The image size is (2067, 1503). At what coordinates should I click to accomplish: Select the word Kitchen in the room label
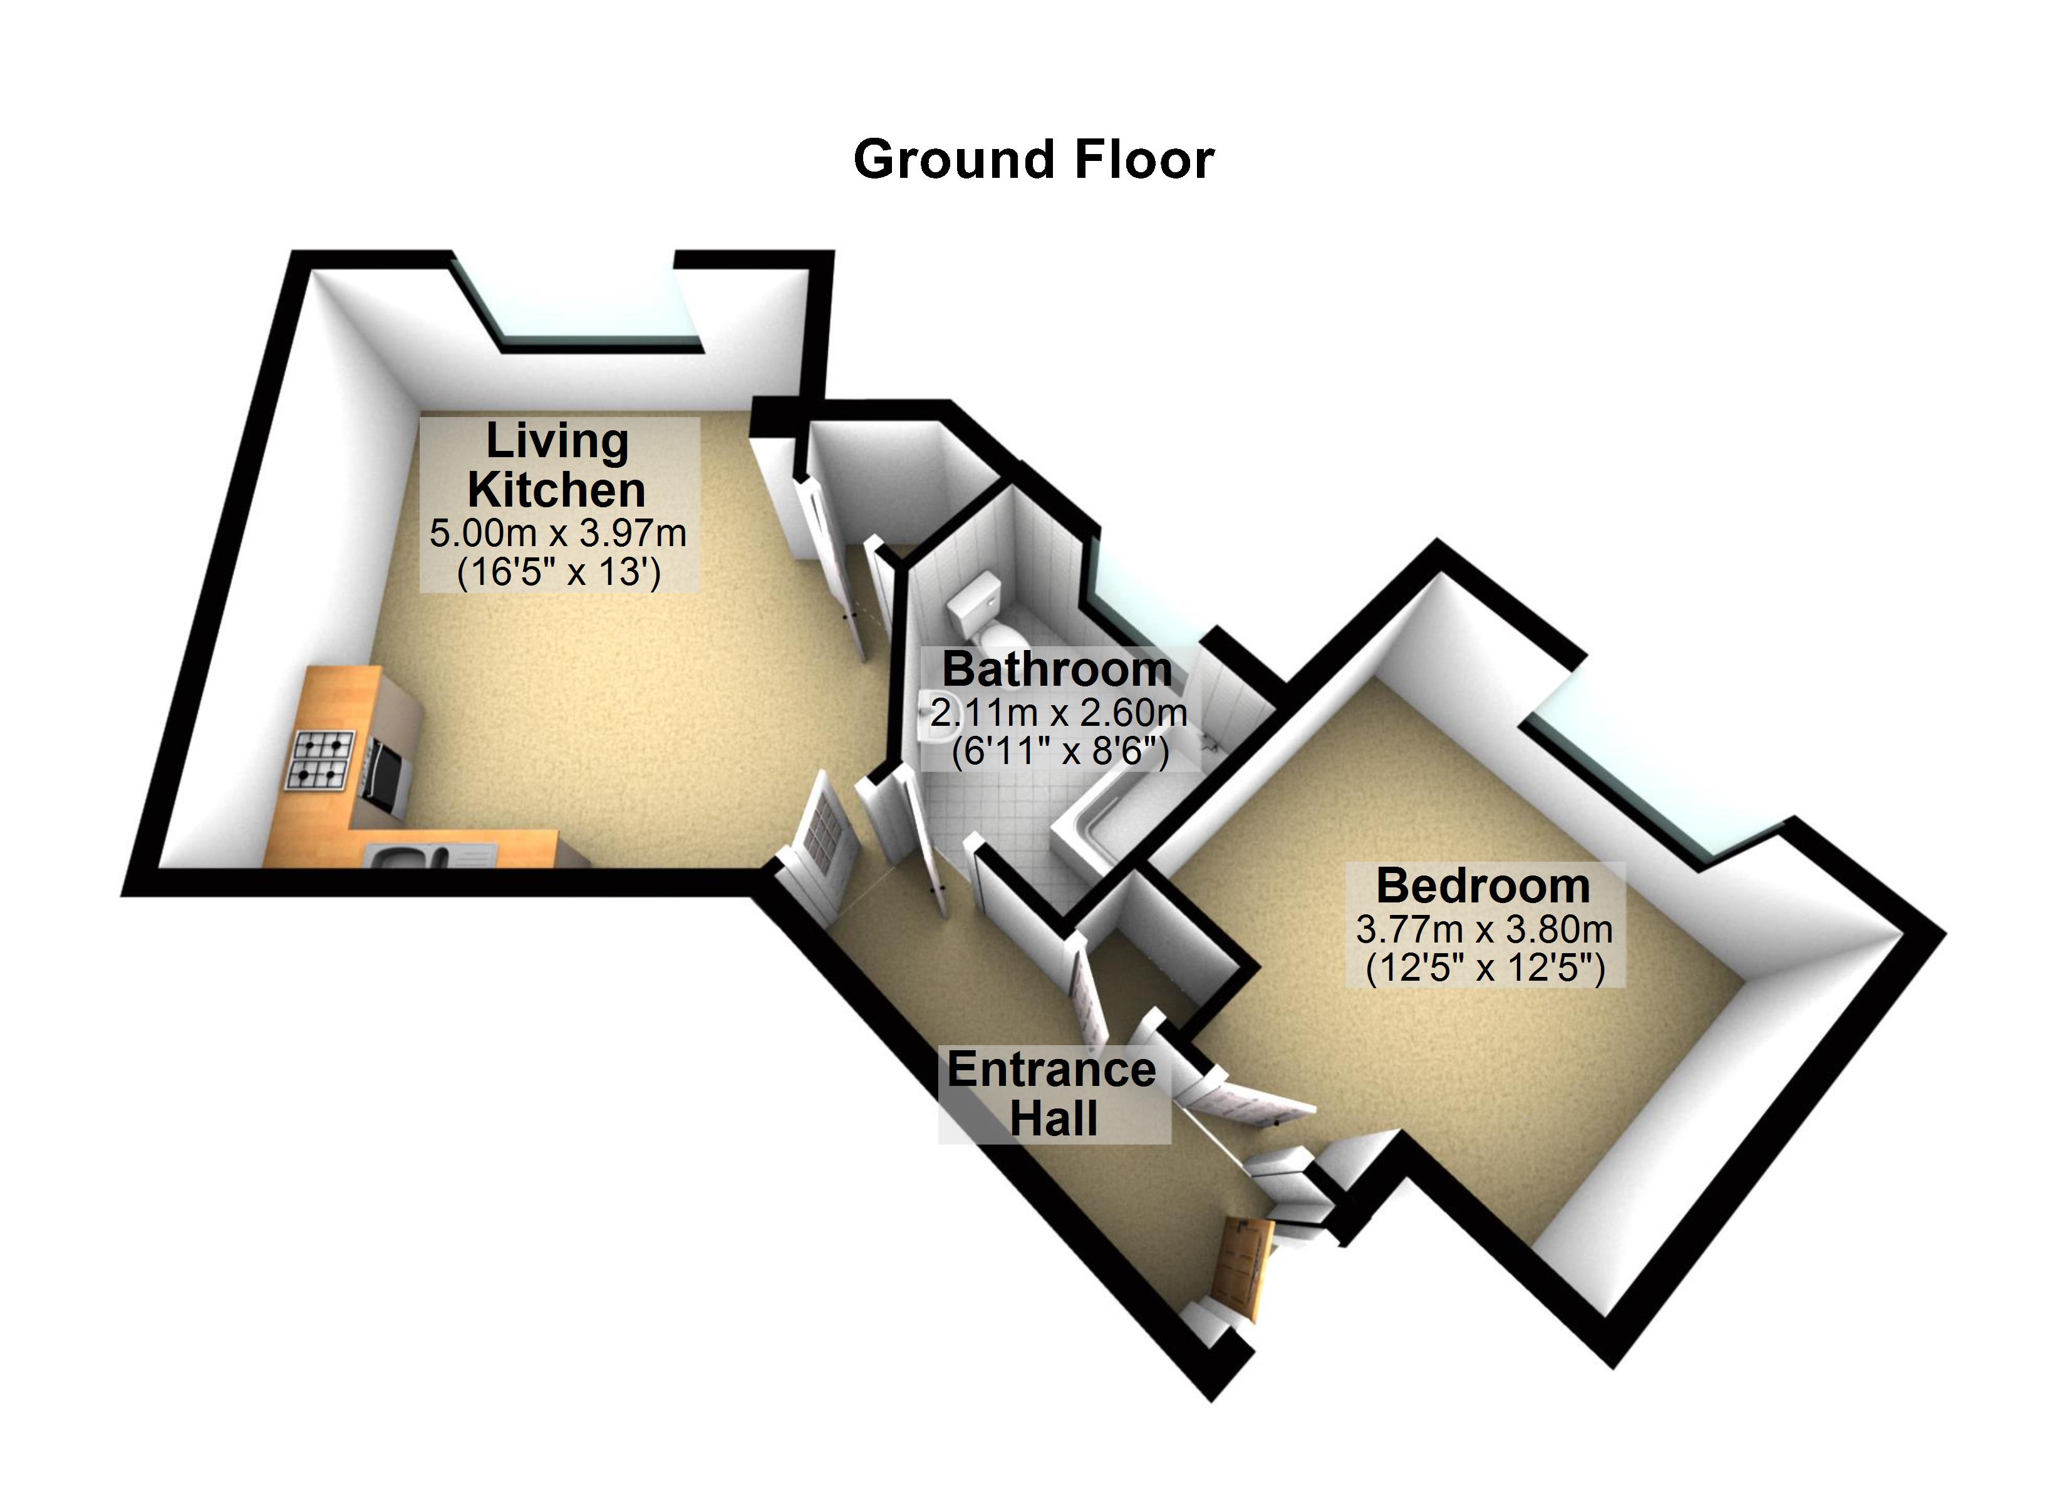pyautogui.click(x=557, y=490)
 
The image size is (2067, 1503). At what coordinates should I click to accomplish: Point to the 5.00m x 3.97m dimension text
pyautogui.click(x=557, y=533)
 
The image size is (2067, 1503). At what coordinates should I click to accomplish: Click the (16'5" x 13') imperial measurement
pyautogui.click(x=557, y=572)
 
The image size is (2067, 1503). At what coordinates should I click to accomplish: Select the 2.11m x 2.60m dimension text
pyautogui.click(x=1058, y=713)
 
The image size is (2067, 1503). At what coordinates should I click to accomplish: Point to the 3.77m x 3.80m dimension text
pyautogui.click(x=1484, y=930)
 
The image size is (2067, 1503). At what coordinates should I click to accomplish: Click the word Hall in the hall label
pyautogui.click(x=1054, y=1119)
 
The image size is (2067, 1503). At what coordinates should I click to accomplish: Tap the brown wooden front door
pyautogui.click(x=1244, y=1268)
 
